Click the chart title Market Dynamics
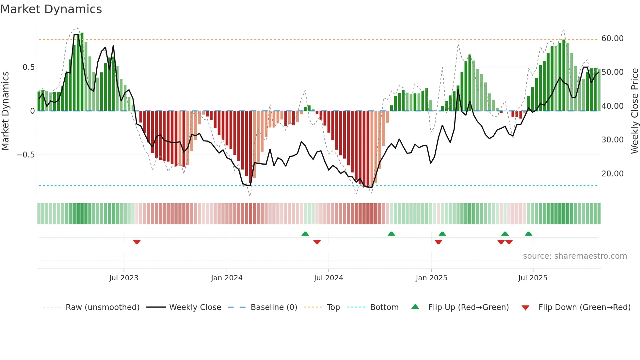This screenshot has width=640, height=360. (x=51, y=9)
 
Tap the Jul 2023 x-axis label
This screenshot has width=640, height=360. (x=124, y=278)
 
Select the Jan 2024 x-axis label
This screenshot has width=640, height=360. (x=227, y=278)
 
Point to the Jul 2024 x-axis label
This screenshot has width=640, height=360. (x=328, y=278)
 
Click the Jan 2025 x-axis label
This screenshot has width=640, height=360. (x=431, y=278)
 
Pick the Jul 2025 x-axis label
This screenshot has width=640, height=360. (x=533, y=278)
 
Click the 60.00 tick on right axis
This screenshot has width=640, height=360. (x=612, y=39)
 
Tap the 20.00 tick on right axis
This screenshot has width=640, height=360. (x=612, y=174)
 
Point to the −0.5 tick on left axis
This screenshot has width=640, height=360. (x=26, y=155)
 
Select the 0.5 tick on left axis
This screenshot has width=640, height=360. (x=28, y=67)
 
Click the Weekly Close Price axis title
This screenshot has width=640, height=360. (x=634, y=111)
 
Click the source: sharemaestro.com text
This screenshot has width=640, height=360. (x=575, y=256)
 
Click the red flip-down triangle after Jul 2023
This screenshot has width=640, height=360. (x=137, y=242)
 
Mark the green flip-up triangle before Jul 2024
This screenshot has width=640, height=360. (x=305, y=234)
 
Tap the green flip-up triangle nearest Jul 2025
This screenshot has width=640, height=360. (x=528, y=234)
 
